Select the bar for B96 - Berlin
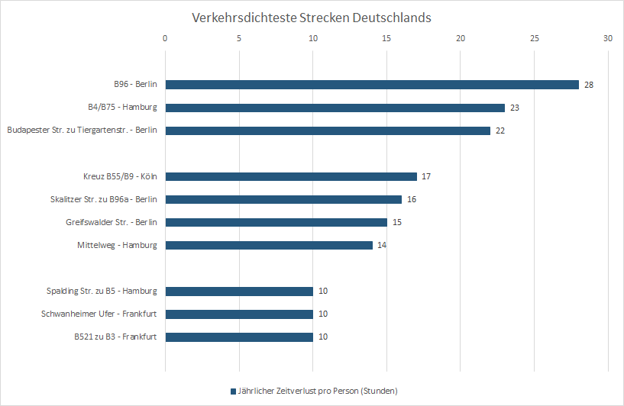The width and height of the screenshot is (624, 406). click(372, 85)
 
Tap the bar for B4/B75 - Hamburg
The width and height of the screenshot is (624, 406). click(335, 108)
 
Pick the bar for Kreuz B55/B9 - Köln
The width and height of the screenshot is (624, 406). click(291, 176)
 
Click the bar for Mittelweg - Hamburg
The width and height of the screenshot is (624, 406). click(269, 245)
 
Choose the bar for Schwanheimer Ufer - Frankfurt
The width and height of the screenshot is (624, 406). click(239, 314)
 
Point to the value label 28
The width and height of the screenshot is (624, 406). click(589, 85)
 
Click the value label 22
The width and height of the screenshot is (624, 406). click(500, 130)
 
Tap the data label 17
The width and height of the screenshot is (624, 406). click(426, 176)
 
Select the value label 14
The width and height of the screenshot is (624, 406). click(382, 245)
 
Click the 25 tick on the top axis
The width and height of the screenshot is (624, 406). click(534, 37)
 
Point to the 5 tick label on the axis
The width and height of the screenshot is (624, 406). click(239, 37)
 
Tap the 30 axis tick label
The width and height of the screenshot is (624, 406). click(607, 37)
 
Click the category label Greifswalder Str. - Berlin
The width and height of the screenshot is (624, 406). click(112, 222)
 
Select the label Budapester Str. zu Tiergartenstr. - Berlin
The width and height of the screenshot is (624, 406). click(82, 130)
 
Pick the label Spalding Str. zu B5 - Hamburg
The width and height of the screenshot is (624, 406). click(102, 291)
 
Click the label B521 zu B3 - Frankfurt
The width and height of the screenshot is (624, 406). click(115, 337)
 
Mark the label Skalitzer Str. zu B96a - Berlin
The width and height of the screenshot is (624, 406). click(102, 199)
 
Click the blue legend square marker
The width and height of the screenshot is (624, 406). click(233, 391)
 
